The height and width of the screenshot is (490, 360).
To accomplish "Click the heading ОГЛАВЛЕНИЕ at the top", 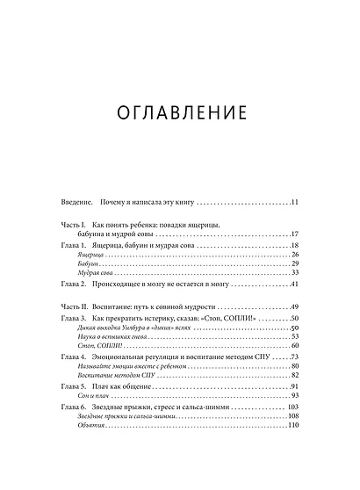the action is (x=179, y=114).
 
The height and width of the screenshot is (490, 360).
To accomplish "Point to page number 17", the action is (x=295, y=234).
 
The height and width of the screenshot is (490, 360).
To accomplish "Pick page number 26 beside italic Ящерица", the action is (x=295, y=255).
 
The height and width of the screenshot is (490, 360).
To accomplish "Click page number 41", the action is (x=295, y=285).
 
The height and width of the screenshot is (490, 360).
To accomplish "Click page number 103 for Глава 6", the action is (x=293, y=407).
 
